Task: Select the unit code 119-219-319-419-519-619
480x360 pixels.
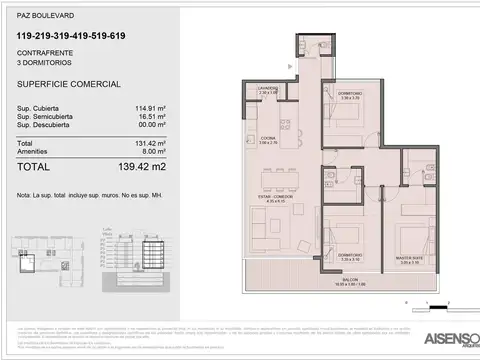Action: pos(71,37)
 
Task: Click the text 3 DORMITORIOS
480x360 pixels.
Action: pos(41,62)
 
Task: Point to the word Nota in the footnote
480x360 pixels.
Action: pos(25,185)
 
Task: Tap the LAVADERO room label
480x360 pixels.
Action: pos(265,88)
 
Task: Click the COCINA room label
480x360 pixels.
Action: pos(268,138)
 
